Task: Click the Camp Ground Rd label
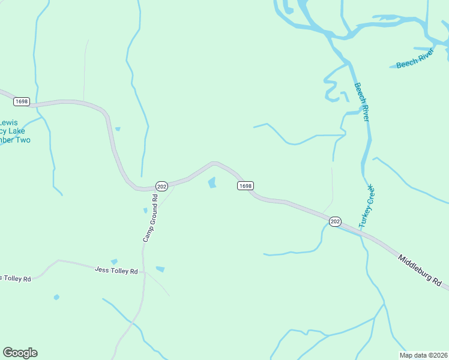(150, 223)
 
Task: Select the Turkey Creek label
(367, 205)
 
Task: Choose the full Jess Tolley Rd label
(116, 271)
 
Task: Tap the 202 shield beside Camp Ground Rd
(161, 186)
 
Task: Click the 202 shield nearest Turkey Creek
(335, 221)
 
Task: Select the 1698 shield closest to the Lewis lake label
(22, 102)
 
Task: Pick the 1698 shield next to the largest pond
(245, 186)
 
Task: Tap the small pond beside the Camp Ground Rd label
(145, 210)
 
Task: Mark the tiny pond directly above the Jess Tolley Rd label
(114, 262)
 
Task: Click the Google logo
(20, 353)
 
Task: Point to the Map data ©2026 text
(423, 355)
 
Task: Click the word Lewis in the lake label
(8, 122)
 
